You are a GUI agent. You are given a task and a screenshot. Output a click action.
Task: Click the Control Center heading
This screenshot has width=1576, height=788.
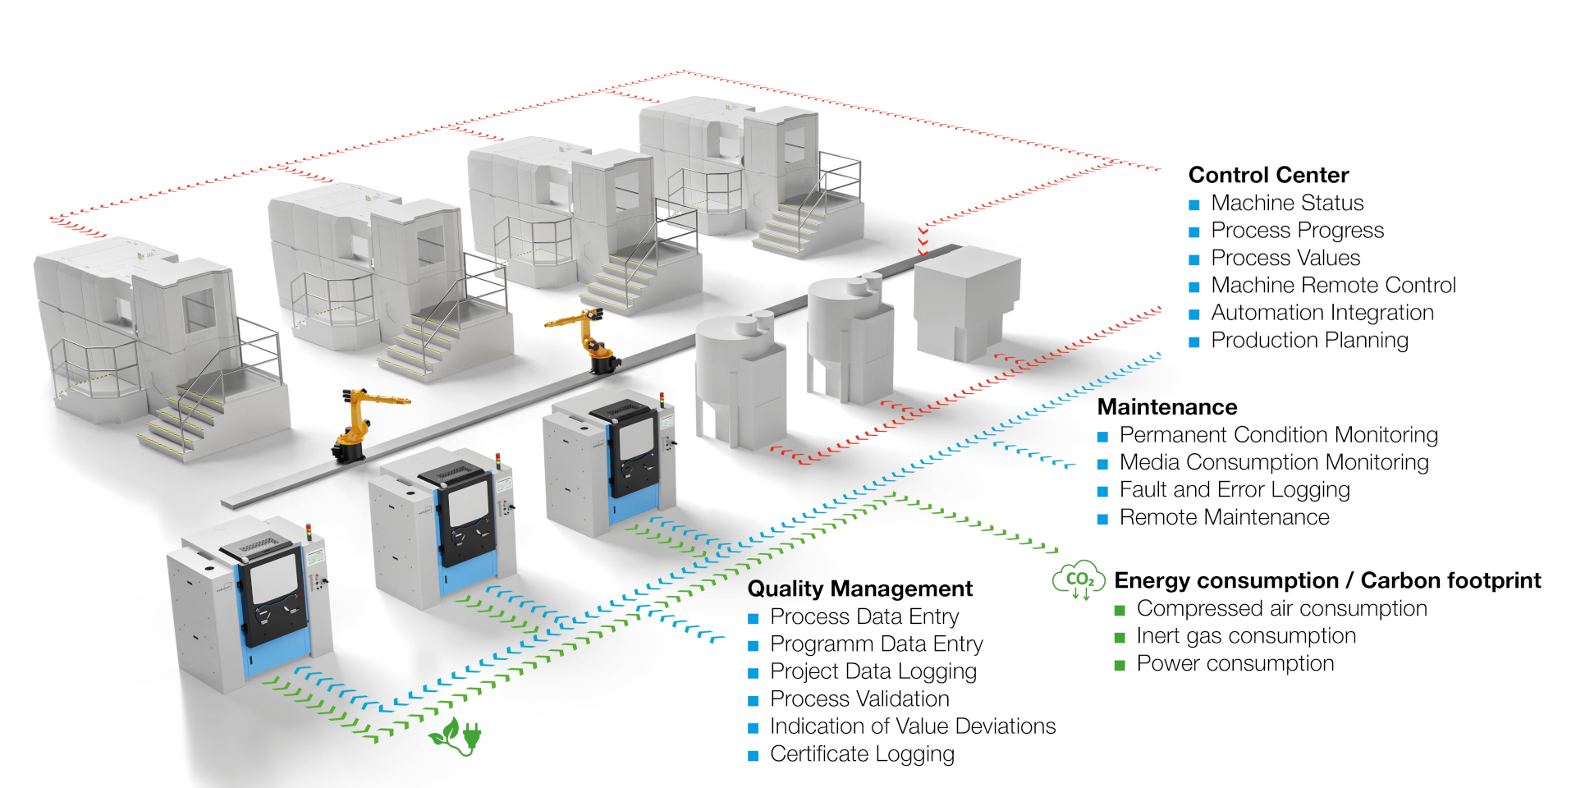[1268, 175]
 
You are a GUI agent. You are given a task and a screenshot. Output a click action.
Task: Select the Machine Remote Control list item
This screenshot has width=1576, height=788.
[1333, 285]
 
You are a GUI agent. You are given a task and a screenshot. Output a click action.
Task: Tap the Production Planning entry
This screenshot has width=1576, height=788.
[1309, 340]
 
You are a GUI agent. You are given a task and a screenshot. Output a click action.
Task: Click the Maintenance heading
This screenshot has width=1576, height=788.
[1167, 407]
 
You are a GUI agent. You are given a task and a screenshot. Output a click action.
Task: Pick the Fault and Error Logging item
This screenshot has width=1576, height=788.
[1235, 490]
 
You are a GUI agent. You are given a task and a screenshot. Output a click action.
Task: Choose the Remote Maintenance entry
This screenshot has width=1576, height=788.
[1224, 517]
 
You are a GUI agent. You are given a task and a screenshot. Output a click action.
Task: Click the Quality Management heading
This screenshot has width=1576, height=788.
[859, 589]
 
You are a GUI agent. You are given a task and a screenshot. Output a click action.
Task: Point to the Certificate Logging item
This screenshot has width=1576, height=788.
[862, 754]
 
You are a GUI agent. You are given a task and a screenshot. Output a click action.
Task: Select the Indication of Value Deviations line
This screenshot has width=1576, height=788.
[912, 726]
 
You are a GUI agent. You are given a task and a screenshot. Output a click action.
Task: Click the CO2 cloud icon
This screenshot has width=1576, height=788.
[1079, 580]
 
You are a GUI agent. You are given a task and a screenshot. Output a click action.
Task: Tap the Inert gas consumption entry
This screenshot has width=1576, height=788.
[1246, 636]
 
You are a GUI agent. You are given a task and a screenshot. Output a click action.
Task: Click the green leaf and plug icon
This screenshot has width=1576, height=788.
[456, 735]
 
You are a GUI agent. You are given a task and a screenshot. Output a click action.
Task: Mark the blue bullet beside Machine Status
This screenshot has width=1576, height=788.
[1194, 204]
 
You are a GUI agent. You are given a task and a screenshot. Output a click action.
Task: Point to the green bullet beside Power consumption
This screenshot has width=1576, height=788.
[1120, 665]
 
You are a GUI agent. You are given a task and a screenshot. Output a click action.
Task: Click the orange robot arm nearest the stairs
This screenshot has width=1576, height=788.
[361, 423]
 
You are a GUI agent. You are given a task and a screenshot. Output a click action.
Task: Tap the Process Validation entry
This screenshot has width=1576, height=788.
[859, 699]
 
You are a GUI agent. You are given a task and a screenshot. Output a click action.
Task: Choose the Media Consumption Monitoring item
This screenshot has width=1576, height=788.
[1274, 462]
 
